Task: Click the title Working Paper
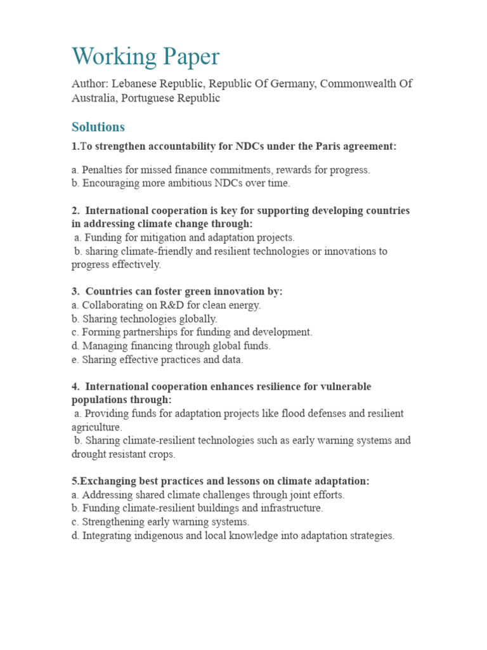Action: tap(145, 56)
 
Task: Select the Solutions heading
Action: tap(98, 127)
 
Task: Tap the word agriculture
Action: tap(96, 427)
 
